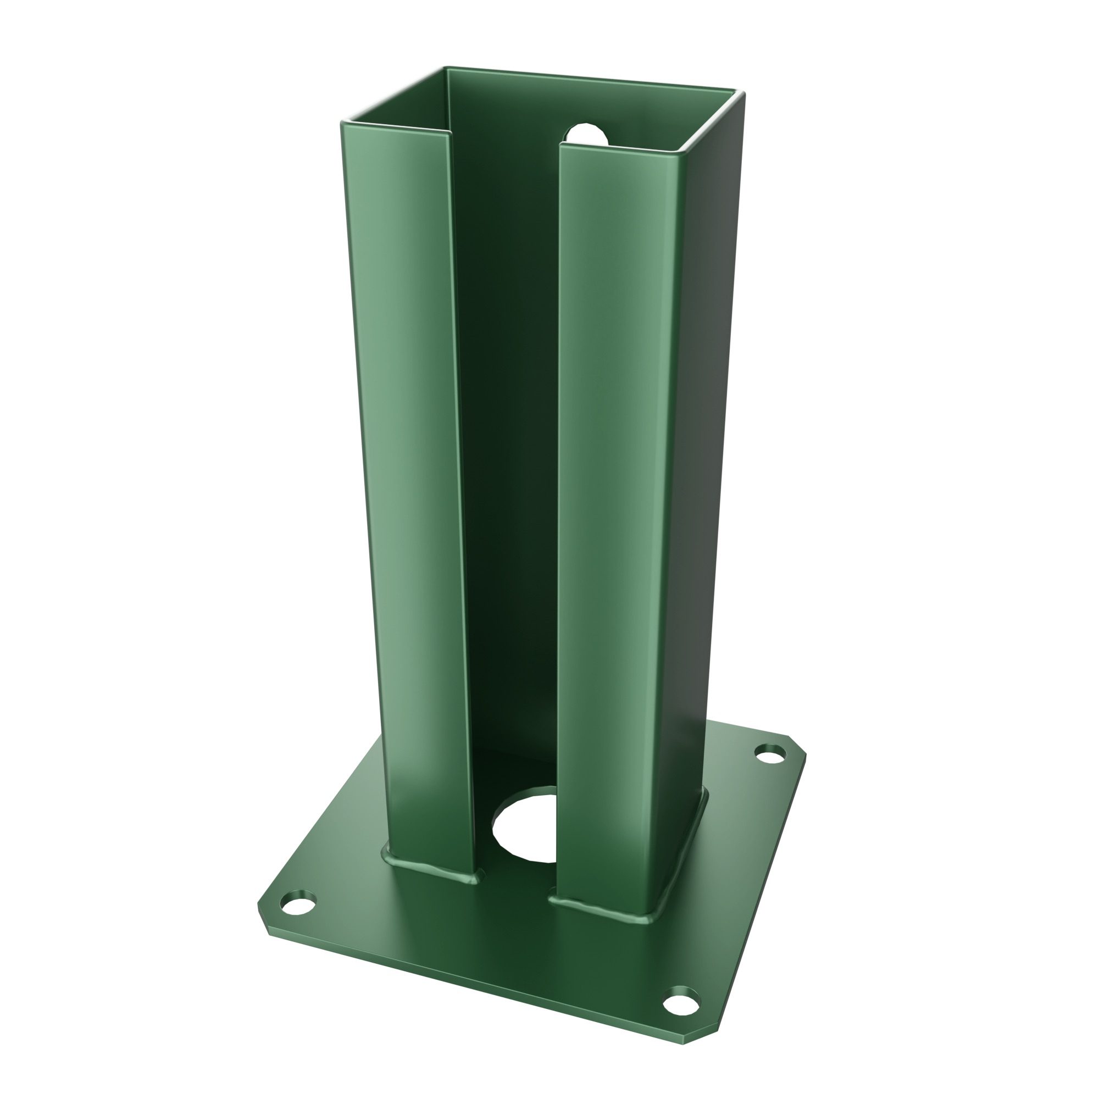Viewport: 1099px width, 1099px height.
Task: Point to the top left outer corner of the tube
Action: coord(343,123)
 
